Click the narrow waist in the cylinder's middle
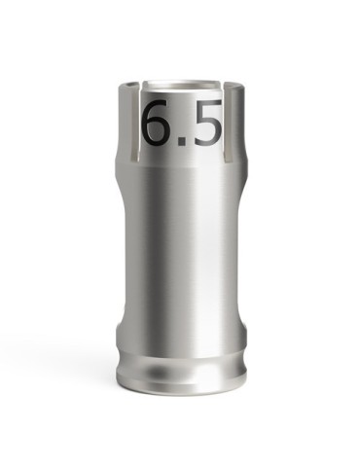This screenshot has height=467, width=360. (x=181, y=253)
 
